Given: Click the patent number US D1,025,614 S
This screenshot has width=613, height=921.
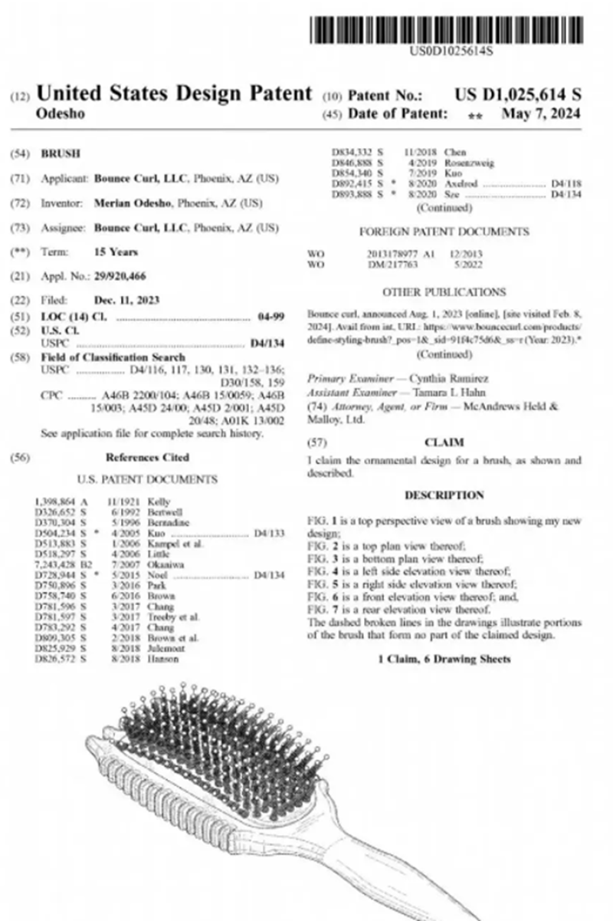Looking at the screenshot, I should [x=517, y=95].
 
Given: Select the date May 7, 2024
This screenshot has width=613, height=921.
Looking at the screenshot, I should [x=541, y=114].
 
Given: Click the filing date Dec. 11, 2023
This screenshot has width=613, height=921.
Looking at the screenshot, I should [x=126, y=301].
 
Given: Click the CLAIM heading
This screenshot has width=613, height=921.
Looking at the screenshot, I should [x=444, y=442].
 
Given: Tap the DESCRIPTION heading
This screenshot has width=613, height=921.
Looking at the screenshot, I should [x=444, y=495].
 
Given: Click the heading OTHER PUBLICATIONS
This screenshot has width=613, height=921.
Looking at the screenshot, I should [x=444, y=292].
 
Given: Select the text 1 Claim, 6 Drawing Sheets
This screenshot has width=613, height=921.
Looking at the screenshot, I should [x=444, y=659].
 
